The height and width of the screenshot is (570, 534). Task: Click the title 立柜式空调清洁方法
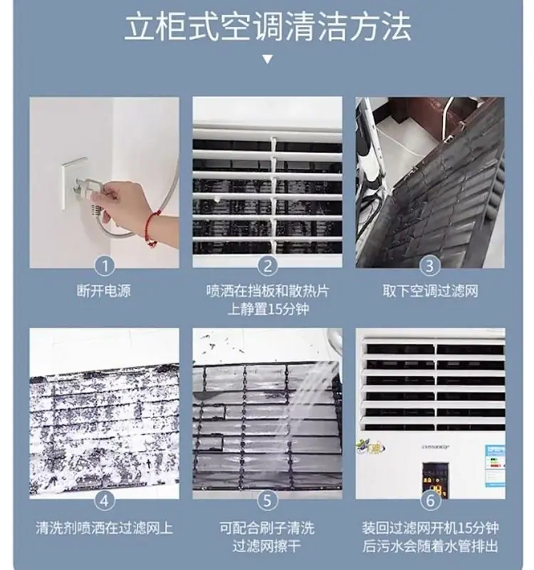tap(267, 26)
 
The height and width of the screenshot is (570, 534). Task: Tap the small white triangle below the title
tap(267, 59)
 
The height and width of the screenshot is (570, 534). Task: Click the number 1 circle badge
tap(105, 266)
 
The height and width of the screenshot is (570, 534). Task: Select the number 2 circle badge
tap(267, 266)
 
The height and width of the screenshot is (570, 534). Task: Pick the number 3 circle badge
tap(429, 266)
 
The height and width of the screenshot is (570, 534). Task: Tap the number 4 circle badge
tap(105, 500)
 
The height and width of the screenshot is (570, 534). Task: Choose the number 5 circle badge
tap(267, 500)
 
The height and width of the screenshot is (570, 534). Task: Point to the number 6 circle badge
tap(429, 500)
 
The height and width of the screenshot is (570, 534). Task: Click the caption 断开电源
tap(105, 291)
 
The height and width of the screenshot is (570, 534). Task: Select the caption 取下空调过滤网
tap(429, 291)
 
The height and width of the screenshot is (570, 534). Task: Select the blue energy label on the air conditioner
tap(495, 460)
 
